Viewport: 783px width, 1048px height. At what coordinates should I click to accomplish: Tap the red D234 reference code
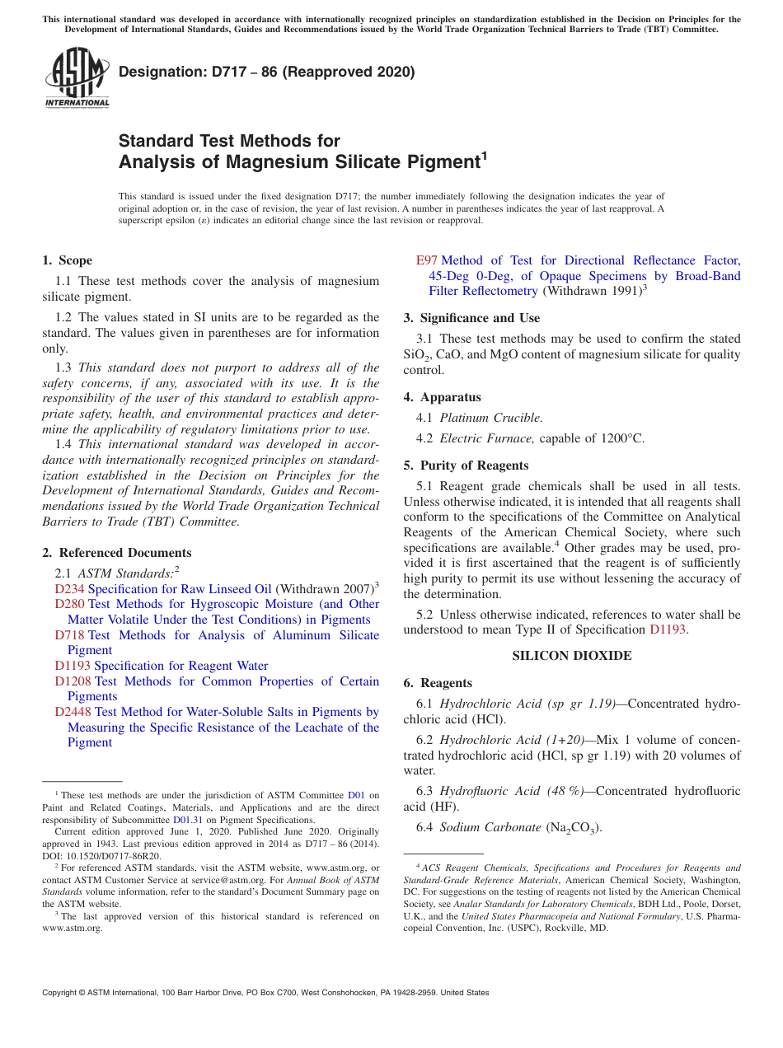click(x=69, y=589)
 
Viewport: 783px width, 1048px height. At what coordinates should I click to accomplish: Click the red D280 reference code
click(x=69, y=604)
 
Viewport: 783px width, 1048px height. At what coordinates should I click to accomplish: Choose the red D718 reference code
click(x=69, y=635)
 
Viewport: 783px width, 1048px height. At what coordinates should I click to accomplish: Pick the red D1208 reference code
click(x=73, y=681)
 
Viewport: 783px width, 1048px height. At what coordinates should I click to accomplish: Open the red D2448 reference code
click(x=73, y=712)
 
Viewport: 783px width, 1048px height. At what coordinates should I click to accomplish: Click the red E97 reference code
click(x=427, y=260)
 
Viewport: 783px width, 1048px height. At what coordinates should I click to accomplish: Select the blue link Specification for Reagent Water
click(x=181, y=666)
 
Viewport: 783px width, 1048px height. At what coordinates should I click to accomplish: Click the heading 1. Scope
click(x=67, y=260)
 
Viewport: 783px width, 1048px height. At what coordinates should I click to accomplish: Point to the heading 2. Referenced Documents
click(x=116, y=553)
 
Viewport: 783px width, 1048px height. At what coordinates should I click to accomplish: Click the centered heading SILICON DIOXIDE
click(x=572, y=656)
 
